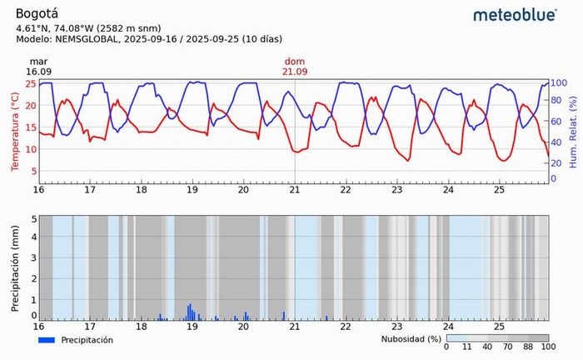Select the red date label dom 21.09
[295, 67]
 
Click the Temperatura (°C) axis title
[15, 132]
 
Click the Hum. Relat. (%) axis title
[573, 132]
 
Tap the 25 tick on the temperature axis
[31, 83]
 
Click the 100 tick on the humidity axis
[560, 83]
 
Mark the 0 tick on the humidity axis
[555, 179]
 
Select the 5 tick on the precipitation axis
[33, 219]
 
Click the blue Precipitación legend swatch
[47, 340]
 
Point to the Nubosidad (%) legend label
[410, 340]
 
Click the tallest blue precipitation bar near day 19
[190, 312]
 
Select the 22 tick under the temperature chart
[346, 189]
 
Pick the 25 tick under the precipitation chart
[499, 327]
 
